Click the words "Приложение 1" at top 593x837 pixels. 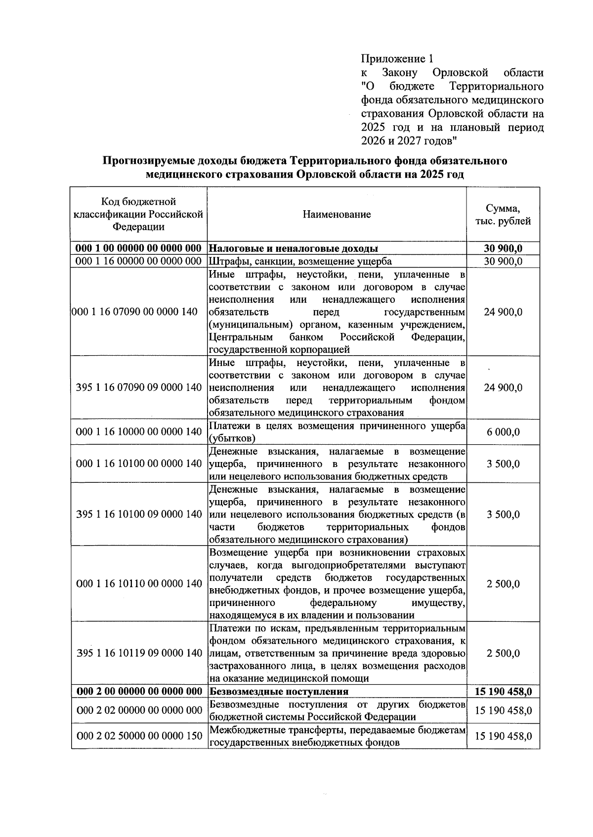click(393, 59)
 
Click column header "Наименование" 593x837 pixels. click(337, 215)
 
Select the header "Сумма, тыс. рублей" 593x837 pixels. click(503, 215)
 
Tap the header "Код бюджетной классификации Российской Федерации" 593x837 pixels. click(139, 215)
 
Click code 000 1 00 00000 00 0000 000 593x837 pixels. click(139, 248)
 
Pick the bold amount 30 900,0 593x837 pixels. click(503, 248)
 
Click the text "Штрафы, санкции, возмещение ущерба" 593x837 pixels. click(300, 262)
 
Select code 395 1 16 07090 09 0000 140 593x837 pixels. click(139, 387)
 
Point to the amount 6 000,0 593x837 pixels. click(503, 432)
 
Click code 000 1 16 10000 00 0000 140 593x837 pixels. click(139, 432)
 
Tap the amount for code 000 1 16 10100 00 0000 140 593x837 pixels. click(503, 464)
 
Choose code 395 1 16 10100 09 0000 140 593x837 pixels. click(139, 514)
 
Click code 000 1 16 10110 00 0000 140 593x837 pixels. click(139, 584)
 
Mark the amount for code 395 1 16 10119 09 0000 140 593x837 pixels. click(503, 653)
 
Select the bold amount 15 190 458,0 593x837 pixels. click(503, 692)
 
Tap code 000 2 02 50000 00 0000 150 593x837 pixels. click(139, 736)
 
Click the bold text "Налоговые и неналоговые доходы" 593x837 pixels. click(294, 248)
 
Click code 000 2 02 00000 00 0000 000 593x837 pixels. click(139, 711)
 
